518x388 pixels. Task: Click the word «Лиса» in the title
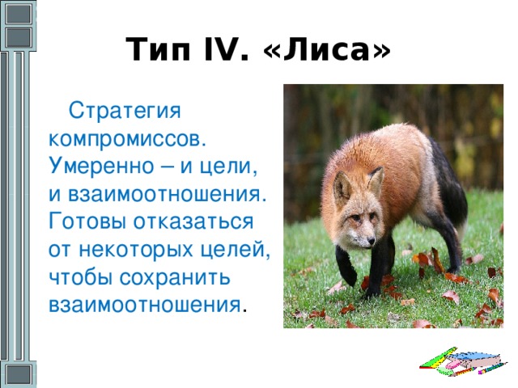click(327, 50)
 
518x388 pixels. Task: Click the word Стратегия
click(125, 112)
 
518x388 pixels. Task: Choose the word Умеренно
click(101, 166)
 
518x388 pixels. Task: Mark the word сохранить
click(175, 278)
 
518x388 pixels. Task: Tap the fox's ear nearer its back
click(376, 180)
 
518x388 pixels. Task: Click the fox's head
click(356, 211)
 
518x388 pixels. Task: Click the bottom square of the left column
click(18, 375)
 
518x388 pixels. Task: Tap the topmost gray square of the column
click(19, 14)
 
